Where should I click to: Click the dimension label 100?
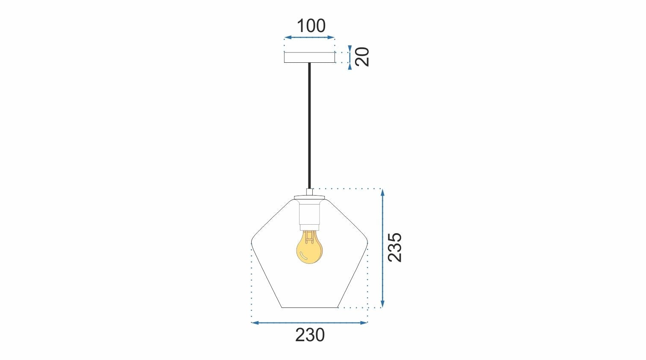[311, 26]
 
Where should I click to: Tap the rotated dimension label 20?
[362, 57]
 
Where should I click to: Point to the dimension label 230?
[310, 335]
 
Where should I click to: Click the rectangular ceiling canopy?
[310, 57]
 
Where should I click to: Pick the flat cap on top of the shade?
[309, 198]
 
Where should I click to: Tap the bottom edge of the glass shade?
[310, 307]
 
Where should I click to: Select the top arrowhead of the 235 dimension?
[382, 192]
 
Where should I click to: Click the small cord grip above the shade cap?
[310, 192]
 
